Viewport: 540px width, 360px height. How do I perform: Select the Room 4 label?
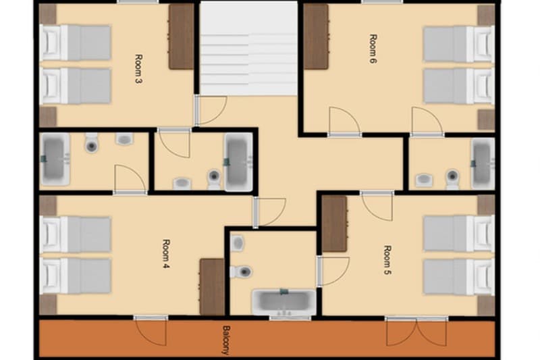(166, 253)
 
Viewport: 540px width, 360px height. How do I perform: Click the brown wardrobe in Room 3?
(181, 36)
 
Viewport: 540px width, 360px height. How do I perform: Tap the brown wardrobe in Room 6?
(316, 36)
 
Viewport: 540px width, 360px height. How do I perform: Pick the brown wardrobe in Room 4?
(212, 286)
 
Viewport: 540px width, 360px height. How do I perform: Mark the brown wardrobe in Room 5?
(334, 224)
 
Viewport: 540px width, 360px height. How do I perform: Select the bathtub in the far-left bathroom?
(55, 159)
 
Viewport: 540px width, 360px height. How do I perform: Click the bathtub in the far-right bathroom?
(482, 163)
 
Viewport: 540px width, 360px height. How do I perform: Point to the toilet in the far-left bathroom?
(92, 143)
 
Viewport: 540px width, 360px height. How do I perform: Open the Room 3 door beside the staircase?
(210, 111)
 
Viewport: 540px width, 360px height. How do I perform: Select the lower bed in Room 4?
(76, 276)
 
